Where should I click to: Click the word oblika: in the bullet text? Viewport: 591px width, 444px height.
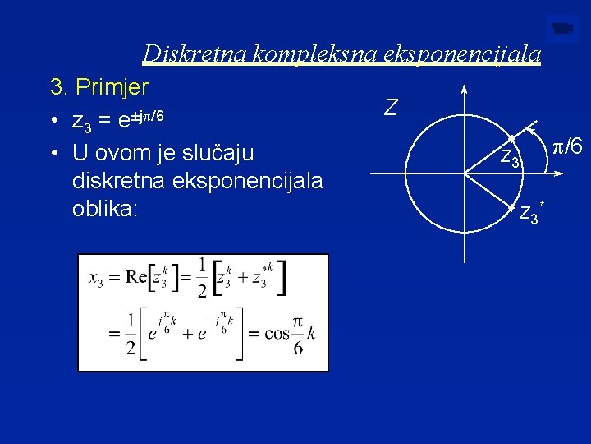point(106,209)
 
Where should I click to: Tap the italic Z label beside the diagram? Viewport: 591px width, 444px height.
point(392,107)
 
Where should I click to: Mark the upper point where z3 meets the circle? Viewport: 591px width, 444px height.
point(511,137)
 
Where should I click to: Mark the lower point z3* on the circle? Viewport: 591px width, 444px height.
point(511,207)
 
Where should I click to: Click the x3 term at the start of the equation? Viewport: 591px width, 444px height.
point(97,277)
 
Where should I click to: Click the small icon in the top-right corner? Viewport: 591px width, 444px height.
point(562,30)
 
